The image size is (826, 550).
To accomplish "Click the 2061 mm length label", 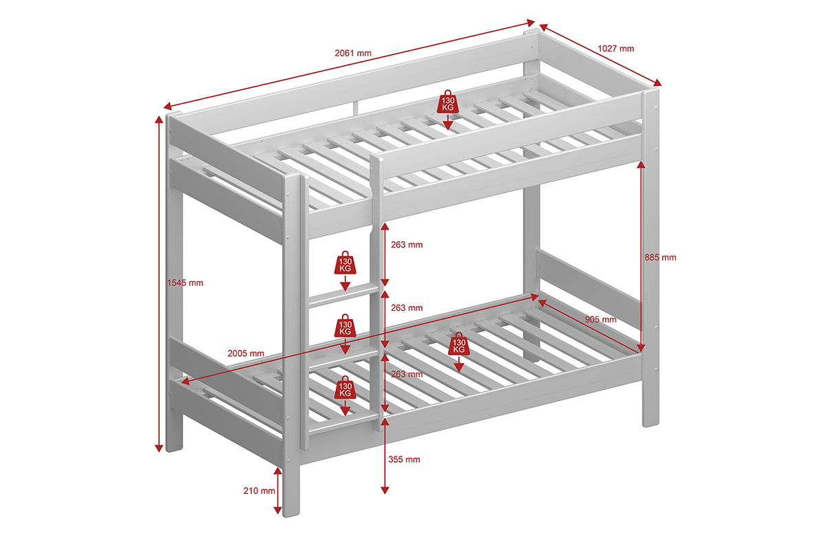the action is (353, 53).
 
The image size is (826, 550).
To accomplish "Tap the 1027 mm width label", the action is (616, 49).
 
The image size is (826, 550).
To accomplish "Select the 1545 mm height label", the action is (185, 283).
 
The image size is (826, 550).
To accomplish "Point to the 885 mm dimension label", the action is (660, 258).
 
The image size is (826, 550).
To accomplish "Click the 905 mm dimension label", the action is (601, 320).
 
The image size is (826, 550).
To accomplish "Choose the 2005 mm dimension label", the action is (246, 353).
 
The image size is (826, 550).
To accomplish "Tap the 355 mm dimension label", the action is (404, 459).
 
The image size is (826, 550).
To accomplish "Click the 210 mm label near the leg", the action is (260, 491).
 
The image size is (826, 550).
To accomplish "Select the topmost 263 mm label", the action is (407, 245).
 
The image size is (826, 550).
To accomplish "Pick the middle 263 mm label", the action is (407, 308).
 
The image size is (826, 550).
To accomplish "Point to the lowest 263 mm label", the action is (407, 374).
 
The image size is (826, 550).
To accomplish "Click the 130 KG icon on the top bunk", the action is (448, 102).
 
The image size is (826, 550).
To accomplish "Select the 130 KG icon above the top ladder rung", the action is (345, 263).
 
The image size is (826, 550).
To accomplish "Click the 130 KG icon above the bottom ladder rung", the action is (345, 388).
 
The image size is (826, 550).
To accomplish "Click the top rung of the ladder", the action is (343, 296).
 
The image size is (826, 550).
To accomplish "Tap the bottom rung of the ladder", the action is (343, 424).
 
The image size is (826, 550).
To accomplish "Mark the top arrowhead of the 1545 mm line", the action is (159, 120).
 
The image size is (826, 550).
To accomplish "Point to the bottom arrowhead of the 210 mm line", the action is (277, 510).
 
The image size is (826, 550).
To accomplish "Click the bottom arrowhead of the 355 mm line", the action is (385, 490).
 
